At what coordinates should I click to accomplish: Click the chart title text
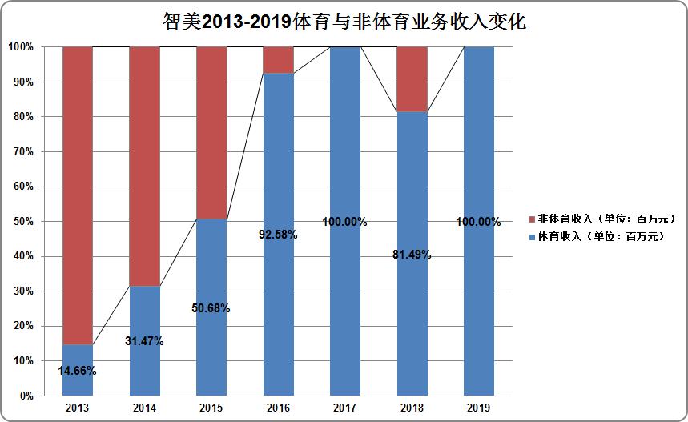344,22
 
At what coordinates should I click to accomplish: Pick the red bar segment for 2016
279,60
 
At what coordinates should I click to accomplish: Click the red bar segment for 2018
412,78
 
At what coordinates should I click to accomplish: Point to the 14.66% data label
78,370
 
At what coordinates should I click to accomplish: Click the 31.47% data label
144,341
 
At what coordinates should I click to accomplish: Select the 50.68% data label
211,308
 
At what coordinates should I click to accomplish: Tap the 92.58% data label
278,235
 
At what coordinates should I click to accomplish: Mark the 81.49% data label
412,255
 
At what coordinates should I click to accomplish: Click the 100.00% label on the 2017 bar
345,222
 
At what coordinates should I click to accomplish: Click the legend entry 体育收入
597,237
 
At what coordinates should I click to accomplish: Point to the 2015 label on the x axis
211,408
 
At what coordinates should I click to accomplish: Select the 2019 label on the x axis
478,408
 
